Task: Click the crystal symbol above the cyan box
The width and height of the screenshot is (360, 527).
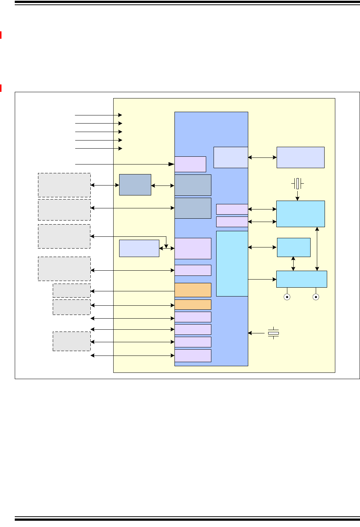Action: tap(297, 183)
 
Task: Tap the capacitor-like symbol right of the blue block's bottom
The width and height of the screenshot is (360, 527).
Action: tap(273, 333)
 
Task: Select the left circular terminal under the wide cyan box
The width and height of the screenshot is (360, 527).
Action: tap(287, 297)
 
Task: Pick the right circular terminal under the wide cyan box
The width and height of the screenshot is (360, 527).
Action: tap(316, 297)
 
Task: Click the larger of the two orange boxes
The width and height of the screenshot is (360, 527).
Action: tap(193, 290)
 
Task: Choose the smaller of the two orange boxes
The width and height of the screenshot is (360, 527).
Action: tap(193, 305)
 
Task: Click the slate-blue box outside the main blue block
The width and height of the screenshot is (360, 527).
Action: tap(135, 185)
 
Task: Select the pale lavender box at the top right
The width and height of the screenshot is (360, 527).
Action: tap(300, 157)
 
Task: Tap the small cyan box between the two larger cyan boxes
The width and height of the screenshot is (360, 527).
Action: tap(294, 247)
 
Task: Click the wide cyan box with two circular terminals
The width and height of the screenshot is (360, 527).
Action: tap(301, 279)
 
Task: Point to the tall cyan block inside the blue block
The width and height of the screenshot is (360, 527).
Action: tap(232, 263)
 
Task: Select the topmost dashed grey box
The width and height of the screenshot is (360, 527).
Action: tap(64, 185)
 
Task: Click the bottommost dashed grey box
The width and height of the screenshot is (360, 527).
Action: tap(72, 341)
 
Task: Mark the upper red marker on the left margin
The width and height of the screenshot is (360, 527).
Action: tap(1, 35)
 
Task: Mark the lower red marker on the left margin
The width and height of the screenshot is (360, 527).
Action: tap(1, 88)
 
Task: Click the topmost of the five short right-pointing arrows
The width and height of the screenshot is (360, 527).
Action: tap(98, 115)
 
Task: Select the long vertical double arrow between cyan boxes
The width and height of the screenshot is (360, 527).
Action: tap(317, 249)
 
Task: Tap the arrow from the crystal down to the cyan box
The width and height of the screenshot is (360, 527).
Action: tap(297, 195)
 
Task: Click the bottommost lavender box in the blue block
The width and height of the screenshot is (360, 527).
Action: tap(193, 356)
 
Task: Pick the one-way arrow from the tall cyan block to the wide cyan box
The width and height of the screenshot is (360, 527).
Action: tap(262, 279)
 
